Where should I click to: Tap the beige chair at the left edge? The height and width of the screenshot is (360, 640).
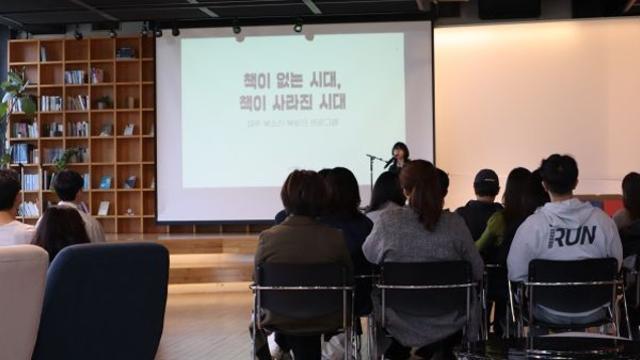click(20, 300)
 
